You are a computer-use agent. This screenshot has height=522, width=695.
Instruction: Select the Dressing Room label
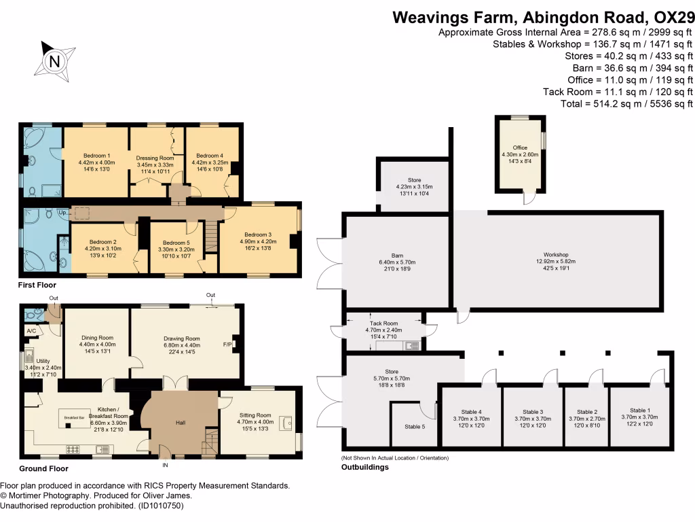155,158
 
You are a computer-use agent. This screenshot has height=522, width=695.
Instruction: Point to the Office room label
520,147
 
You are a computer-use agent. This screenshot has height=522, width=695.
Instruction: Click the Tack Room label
384,324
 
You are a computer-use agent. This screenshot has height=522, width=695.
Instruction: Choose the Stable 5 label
415,426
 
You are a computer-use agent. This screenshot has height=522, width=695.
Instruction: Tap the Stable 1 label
639,410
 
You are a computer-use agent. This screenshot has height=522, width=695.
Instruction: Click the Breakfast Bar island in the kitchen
73,416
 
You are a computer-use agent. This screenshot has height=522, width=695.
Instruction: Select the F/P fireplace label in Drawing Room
227,345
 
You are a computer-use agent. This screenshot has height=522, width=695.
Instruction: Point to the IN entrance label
164,466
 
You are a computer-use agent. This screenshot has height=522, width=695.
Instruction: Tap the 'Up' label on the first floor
63,213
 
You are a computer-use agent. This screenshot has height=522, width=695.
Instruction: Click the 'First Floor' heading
37,285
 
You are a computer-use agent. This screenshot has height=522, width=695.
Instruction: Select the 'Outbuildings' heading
365,467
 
